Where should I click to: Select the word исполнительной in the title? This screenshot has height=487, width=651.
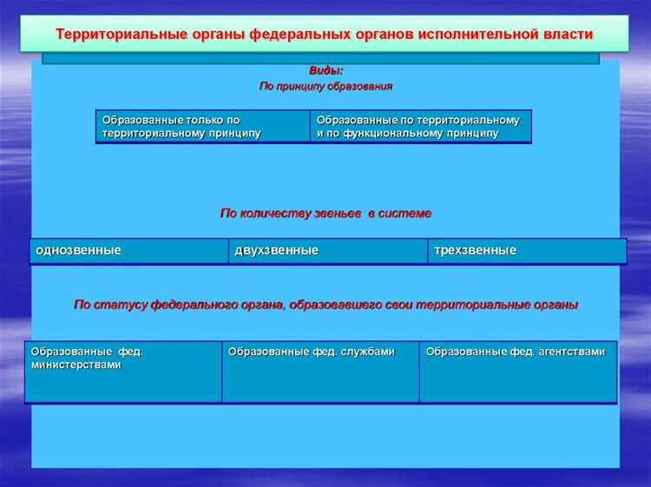(x=473, y=35)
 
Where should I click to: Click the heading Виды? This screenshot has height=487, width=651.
(x=325, y=70)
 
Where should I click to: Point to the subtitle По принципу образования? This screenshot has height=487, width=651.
(x=325, y=87)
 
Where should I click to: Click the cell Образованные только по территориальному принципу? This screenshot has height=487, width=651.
(x=202, y=127)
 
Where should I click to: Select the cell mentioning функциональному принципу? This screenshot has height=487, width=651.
(x=420, y=127)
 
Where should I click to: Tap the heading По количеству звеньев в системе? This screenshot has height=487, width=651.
(x=325, y=213)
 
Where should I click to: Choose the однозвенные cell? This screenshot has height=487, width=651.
(x=129, y=251)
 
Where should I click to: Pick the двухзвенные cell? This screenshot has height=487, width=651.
(x=327, y=251)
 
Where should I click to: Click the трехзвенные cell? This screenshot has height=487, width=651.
(x=527, y=251)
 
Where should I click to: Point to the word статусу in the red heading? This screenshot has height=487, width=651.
(x=120, y=306)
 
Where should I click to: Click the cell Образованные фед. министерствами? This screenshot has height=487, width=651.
(x=122, y=372)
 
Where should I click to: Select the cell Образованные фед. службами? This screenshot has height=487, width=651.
(x=320, y=372)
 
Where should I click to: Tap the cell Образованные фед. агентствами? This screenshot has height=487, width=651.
(x=518, y=372)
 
